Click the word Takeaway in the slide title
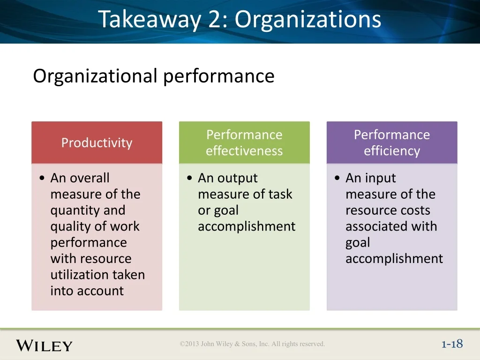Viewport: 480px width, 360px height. click(150, 20)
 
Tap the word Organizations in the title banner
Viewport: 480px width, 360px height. click(307, 19)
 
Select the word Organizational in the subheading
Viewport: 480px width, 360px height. click(95, 76)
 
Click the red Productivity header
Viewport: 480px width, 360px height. click(97, 142)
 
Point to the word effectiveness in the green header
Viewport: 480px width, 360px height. click(244, 151)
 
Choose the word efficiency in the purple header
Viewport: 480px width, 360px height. click(392, 151)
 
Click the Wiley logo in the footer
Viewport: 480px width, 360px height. click(45, 345)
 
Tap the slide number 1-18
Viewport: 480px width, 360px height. click(452, 344)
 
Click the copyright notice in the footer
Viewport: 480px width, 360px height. click(252, 344)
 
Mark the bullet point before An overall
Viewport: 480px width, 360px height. click(42, 178)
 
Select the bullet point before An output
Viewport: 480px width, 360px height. click(189, 178)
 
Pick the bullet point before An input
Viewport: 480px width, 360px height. click(337, 178)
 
